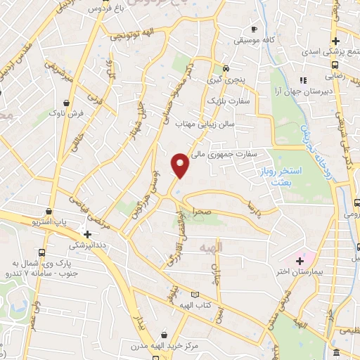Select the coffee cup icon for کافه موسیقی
[254, 30]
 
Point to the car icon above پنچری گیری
[225, 68]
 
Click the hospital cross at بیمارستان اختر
[300, 262]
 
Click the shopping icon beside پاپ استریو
[48, 210]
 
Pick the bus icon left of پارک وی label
[41, 252]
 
